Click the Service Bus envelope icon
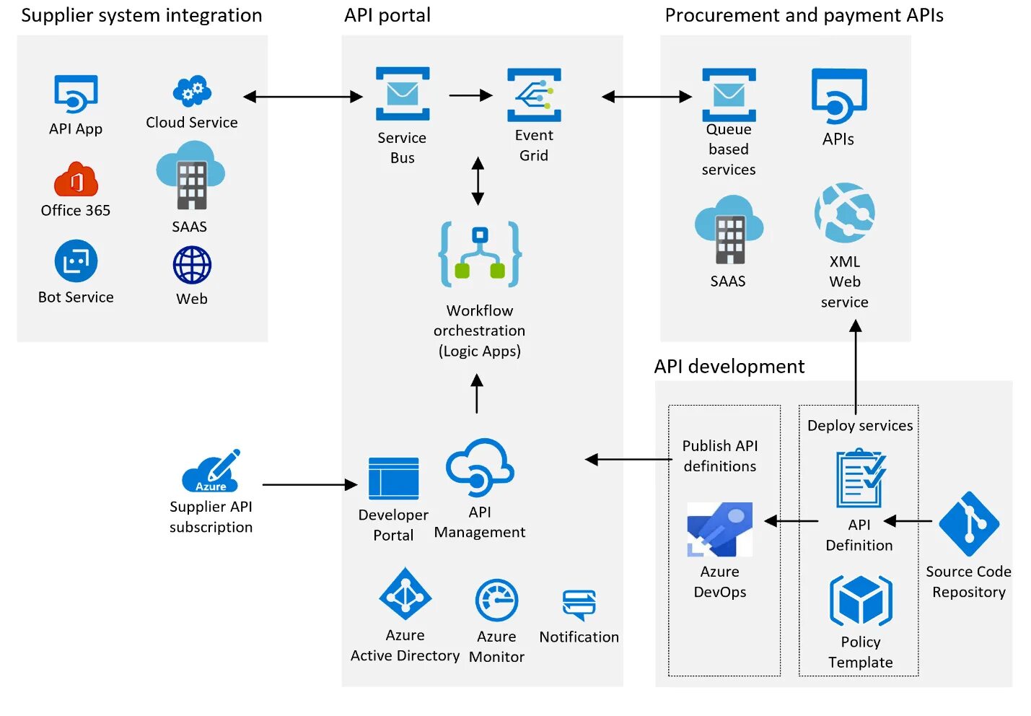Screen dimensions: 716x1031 click(403, 94)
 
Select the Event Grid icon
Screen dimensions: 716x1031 click(534, 95)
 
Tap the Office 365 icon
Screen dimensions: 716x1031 click(76, 180)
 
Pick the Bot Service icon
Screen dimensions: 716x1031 click(76, 261)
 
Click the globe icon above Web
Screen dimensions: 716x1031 click(192, 266)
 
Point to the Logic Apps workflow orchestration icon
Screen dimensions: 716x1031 click(480, 254)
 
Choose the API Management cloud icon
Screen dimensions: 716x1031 click(480, 467)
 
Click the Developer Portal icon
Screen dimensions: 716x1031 click(393, 479)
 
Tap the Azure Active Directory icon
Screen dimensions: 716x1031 click(405, 594)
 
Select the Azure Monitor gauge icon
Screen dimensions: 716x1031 click(496, 601)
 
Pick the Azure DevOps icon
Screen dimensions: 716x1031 click(719, 529)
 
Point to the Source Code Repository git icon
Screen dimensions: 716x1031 click(968, 523)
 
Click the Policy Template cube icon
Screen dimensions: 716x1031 click(861, 601)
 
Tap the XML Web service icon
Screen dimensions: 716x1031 click(844, 213)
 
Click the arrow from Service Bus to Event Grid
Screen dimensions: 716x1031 click(470, 95)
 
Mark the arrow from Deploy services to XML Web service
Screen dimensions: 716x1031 click(856, 368)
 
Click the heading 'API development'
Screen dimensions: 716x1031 click(729, 367)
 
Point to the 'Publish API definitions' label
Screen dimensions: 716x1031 click(720, 456)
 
